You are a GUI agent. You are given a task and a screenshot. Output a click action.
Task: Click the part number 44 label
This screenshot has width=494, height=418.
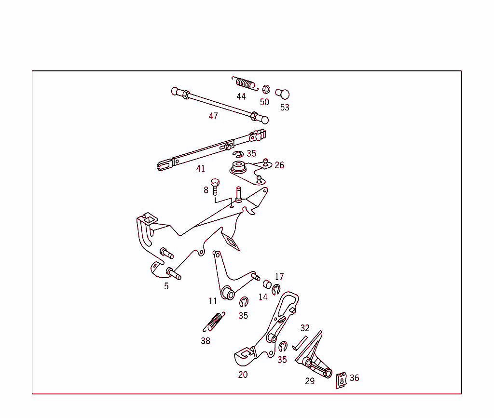(241, 96)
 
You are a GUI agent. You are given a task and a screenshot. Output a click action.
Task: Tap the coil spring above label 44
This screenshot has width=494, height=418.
(245, 83)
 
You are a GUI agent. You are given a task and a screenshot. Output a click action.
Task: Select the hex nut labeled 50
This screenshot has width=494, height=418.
(266, 89)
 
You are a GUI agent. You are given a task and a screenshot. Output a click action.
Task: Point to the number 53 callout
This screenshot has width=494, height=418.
(285, 108)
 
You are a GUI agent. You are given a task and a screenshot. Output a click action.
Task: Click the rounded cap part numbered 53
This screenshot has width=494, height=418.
(283, 94)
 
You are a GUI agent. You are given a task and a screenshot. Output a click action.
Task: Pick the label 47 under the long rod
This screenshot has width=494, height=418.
(213, 116)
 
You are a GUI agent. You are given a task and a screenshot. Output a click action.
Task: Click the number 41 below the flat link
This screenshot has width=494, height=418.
(200, 169)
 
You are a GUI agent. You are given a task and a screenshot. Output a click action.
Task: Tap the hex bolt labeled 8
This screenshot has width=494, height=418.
(215, 187)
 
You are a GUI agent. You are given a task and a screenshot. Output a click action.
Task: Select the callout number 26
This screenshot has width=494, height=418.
(279, 165)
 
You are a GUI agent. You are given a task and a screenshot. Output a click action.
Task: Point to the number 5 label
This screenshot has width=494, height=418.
(166, 286)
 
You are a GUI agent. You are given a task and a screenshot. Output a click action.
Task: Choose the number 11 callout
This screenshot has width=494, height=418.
(213, 301)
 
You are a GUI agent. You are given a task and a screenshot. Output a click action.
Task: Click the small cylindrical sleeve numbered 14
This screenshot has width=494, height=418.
(267, 284)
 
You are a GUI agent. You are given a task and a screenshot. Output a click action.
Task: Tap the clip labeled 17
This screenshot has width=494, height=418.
(276, 289)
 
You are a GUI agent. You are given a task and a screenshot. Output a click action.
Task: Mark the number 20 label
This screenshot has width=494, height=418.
(243, 375)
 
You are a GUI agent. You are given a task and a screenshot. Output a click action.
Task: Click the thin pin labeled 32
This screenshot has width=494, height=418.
(300, 343)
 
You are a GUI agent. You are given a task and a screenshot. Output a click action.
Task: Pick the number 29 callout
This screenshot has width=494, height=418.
(310, 381)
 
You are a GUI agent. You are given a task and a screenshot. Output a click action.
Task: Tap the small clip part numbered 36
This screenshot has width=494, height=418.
(341, 380)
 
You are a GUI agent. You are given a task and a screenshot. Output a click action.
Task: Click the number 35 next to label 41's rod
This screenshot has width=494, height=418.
(251, 153)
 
